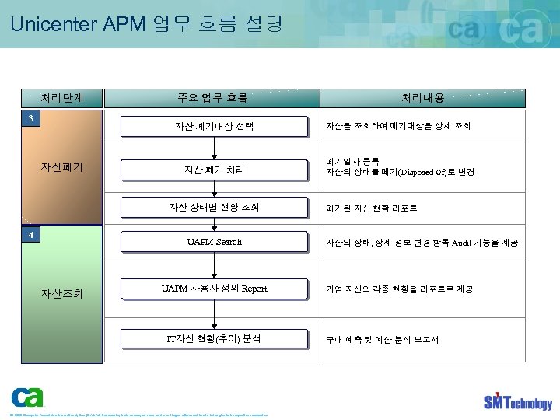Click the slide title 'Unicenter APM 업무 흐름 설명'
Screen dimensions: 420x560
[x=146, y=23]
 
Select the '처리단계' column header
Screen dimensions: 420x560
[x=62, y=98]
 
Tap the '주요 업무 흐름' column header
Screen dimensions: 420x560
[x=212, y=98]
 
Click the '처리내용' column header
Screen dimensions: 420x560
[x=422, y=98]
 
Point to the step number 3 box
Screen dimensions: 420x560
[x=30, y=119]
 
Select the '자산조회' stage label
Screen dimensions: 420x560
[x=62, y=293]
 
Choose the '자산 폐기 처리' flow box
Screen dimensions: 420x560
[x=214, y=169]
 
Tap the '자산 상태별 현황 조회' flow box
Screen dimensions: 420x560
[x=214, y=208]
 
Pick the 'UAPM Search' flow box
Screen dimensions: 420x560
[x=214, y=243]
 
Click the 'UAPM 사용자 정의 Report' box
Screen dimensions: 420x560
[x=214, y=289]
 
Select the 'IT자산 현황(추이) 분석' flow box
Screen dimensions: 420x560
[x=214, y=339]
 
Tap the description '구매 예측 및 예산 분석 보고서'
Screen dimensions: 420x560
[x=382, y=340]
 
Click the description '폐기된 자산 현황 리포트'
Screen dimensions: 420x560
[x=371, y=208]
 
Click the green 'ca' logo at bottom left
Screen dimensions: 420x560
[x=27, y=397]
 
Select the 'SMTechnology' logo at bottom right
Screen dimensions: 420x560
[x=517, y=401]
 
